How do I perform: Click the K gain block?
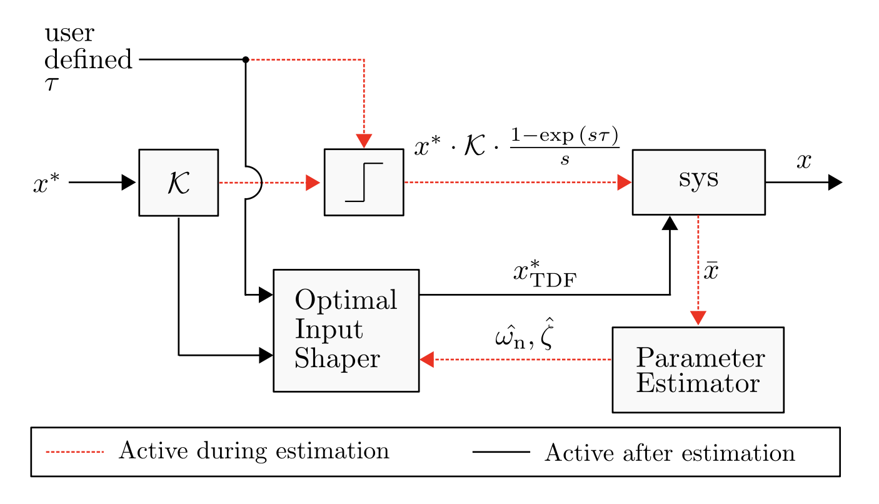coord(178,183)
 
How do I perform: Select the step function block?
coord(363,183)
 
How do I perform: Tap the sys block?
coord(698,182)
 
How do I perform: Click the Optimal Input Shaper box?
coord(346,330)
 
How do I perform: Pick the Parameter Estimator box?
coord(698,370)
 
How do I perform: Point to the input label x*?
coord(46,183)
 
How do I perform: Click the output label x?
coord(803,161)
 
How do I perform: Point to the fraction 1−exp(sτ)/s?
coord(565,148)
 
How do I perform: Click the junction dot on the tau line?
coord(246,59)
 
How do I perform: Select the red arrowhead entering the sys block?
coord(625,183)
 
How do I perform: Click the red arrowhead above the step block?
coord(364,141)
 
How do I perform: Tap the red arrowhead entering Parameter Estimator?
coord(698,318)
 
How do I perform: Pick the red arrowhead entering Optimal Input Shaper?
coord(428,360)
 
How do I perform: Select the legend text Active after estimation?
coord(670,453)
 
